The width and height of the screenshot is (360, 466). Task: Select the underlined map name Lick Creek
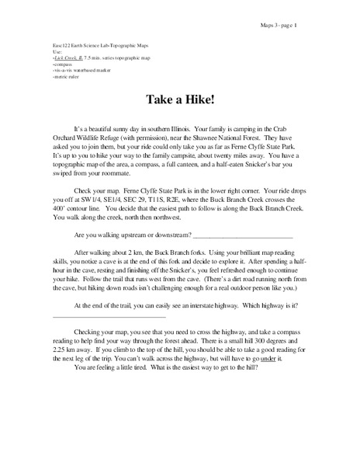point(66,58)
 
